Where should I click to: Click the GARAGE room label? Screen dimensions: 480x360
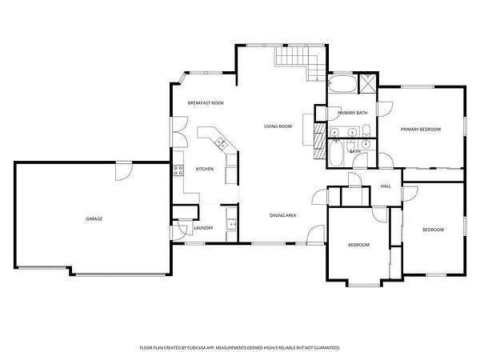(94, 219)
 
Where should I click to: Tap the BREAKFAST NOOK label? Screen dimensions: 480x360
(206, 103)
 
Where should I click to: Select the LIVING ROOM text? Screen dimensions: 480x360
(278, 126)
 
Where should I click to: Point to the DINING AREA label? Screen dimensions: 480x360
(283, 215)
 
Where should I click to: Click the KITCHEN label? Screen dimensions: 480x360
(205, 169)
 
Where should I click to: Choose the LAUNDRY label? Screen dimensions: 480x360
(203, 228)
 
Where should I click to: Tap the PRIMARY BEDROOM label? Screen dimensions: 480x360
(421, 130)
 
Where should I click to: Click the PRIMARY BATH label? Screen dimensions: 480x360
(352, 113)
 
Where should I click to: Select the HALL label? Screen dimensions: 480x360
(386, 186)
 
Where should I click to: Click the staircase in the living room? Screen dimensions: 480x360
(301, 62)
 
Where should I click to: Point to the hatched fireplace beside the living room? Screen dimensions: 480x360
(320, 141)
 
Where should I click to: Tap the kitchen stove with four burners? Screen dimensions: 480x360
(178, 170)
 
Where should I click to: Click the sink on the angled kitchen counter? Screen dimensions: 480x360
(222, 143)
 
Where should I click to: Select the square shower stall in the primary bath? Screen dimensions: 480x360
(367, 83)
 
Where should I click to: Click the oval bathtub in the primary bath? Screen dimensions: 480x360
(342, 83)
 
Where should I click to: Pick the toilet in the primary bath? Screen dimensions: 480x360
(366, 131)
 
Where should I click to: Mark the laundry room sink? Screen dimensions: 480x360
(231, 224)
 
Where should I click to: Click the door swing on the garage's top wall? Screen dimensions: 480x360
(124, 171)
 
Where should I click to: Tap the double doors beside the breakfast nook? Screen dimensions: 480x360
(180, 132)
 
